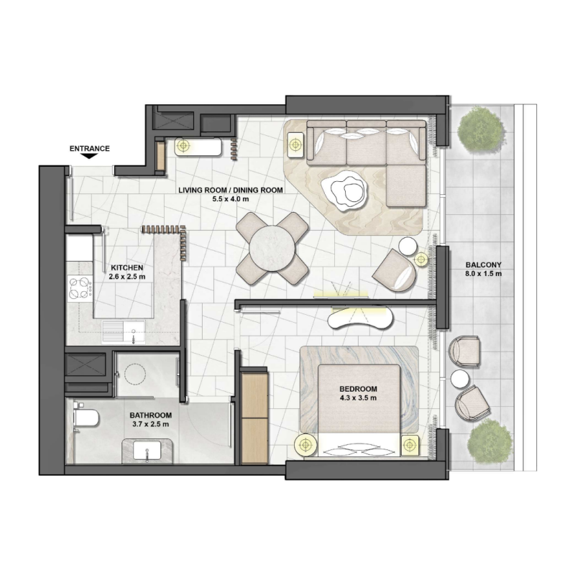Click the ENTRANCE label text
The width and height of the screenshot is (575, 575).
(89, 149)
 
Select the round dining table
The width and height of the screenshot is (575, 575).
(273, 247)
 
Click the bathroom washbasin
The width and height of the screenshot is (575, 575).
(148, 451)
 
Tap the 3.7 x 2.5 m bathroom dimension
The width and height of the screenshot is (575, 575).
(150, 425)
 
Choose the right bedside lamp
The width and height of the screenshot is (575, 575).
(410, 445)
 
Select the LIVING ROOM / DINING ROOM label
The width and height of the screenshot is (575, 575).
(231, 190)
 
